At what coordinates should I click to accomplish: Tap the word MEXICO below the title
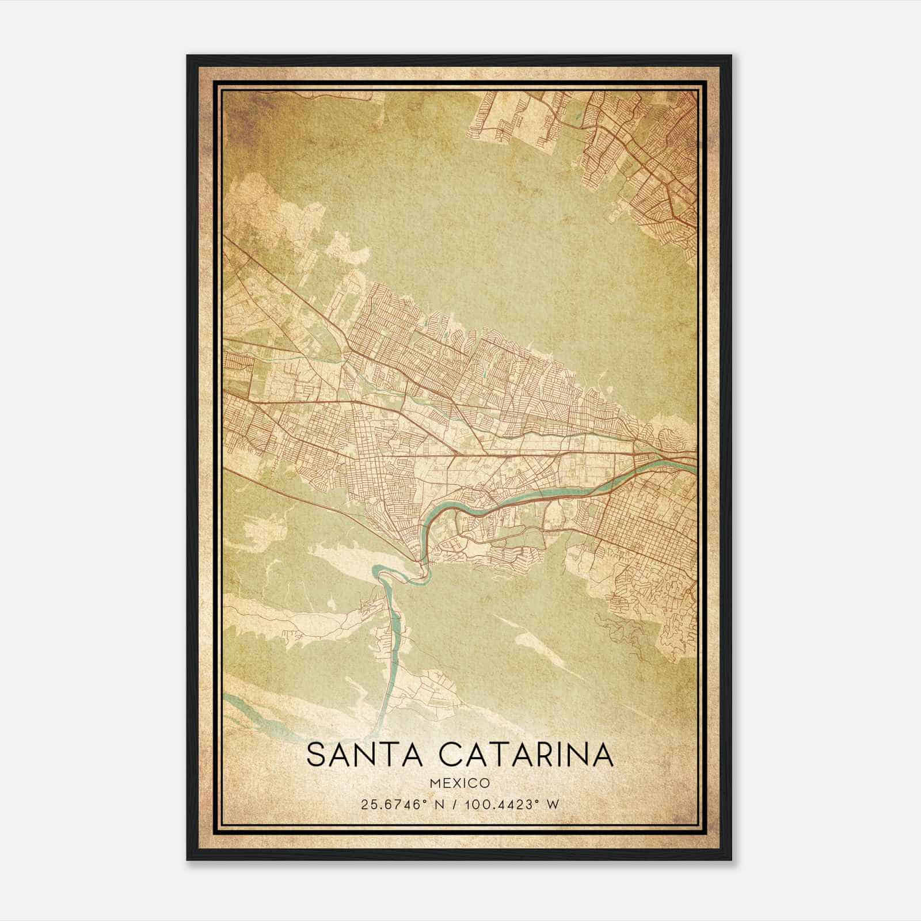[x=460, y=783]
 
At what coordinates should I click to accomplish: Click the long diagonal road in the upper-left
[x=288, y=288]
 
